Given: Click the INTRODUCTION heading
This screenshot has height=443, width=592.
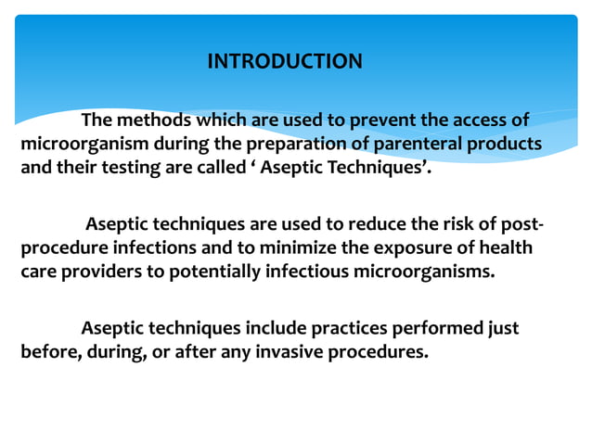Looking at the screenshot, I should tap(285, 62).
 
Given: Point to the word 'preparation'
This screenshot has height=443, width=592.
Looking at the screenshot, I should tap(287, 146).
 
